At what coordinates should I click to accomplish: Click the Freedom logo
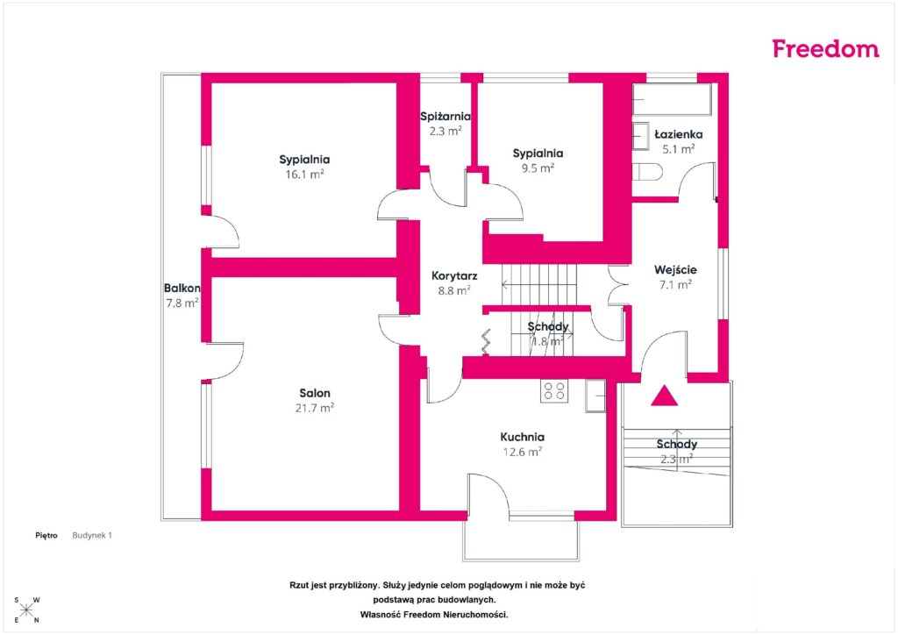pos(825,48)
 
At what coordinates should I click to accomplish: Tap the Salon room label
pos(315,394)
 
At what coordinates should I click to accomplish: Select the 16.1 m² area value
pos(304,174)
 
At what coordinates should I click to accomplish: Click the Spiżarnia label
pos(445,117)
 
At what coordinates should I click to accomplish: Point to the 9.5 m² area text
pos(538,168)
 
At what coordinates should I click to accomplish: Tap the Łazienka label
pos(679,134)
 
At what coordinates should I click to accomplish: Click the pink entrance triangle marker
pos(665,396)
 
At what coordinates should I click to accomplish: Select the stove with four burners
pos(554,391)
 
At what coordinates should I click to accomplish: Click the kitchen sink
pos(595,396)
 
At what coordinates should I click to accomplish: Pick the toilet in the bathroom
pos(647,172)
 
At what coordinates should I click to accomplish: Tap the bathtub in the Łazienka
pos(672,100)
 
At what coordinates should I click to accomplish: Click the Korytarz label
pos(454,276)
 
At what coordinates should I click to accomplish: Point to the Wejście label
pos(676,269)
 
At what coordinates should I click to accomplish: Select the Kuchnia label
pos(523,437)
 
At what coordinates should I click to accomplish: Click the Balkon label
pos(182,288)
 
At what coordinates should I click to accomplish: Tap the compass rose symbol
pos(26,610)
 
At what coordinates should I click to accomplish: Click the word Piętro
pos(46,535)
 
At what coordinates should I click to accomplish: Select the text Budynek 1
pos(92,535)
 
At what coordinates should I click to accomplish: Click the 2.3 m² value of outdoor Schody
pos(677,459)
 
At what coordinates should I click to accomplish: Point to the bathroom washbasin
pos(640,136)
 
